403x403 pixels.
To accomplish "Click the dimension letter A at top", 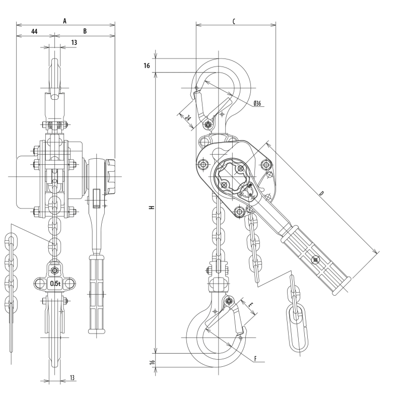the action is (x=65, y=21).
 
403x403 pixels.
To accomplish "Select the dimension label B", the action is (x=85, y=31).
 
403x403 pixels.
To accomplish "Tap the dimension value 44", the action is (x=34, y=31).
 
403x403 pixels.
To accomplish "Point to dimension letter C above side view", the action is (x=234, y=21).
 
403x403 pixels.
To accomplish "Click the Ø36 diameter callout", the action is (x=257, y=103).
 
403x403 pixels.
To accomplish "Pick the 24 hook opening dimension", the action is (x=188, y=118).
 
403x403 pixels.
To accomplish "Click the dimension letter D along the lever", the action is (x=321, y=193).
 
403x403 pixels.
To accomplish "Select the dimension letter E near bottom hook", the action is (x=251, y=305).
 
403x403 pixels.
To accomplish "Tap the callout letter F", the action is (x=255, y=359).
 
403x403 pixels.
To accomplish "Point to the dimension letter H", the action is (x=152, y=207).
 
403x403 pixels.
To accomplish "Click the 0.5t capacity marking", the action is (x=55, y=284).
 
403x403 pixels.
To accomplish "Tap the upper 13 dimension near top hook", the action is (x=74, y=42).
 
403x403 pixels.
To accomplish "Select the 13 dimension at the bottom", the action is (x=72, y=377).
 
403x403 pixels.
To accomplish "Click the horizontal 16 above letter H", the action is (x=147, y=66).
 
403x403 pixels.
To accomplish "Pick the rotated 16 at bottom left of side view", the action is (x=152, y=362).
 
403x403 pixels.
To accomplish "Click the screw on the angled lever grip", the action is (x=316, y=260).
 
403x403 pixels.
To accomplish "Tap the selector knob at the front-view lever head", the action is (x=110, y=177).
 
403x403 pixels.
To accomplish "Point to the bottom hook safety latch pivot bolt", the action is (x=229, y=300).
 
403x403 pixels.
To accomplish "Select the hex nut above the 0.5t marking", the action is (x=54, y=270).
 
